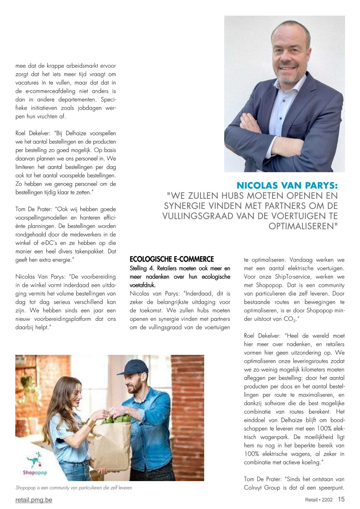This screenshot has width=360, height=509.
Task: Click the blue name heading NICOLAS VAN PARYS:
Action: click(x=287, y=185)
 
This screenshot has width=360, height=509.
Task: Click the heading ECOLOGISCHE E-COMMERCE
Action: click(x=171, y=259)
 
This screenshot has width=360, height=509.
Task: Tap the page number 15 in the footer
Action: click(x=341, y=499)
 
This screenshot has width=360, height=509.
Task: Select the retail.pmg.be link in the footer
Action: click(x=34, y=500)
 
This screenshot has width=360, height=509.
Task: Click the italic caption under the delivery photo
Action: click(x=73, y=488)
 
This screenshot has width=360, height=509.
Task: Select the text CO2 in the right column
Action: click(x=289, y=319)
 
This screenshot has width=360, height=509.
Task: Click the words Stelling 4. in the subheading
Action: click(x=142, y=268)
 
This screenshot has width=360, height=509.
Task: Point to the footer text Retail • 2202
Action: click(x=318, y=500)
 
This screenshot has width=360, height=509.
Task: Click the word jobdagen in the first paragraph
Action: click(x=89, y=108)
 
